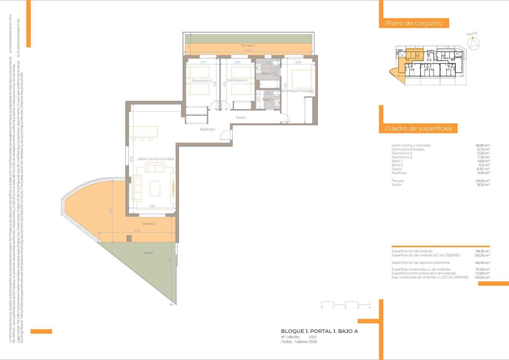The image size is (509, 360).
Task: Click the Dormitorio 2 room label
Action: tap(202, 81)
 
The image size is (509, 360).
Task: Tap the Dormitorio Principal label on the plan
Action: tap(297, 91)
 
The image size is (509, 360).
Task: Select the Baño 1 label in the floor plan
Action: tap(266, 73)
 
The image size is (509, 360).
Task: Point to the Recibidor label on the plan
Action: tap(207, 129)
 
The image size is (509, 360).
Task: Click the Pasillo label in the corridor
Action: tap(241, 117)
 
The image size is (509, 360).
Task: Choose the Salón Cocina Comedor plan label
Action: tap(156, 159)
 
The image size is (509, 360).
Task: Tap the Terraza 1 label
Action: tap(148, 223)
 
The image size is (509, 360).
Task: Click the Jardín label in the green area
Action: tap(148, 253)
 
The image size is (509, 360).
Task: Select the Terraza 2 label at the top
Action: tap(248, 45)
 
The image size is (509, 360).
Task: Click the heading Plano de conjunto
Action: tap(414, 23)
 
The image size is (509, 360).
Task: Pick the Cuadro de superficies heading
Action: tap(418, 129)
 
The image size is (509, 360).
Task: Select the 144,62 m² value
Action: tap(482, 277)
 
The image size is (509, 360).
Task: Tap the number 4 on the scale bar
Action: tap(370, 307)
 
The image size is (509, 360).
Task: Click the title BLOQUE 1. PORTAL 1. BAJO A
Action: tap(319, 331)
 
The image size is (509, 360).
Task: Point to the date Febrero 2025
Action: tap(305, 342)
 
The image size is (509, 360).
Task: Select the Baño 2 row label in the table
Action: tap(397, 165)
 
